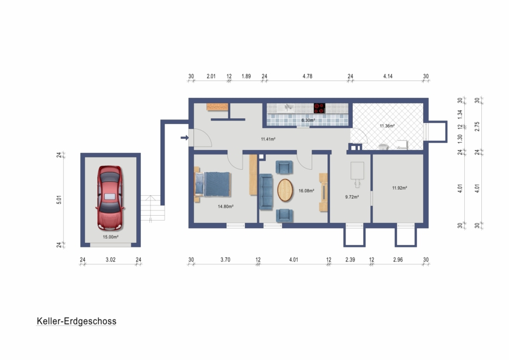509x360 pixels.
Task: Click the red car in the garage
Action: click(110, 198)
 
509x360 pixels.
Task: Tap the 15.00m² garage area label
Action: click(110, 237)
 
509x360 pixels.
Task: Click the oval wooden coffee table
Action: click(285, 190)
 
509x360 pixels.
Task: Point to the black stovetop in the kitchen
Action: click(320, 108)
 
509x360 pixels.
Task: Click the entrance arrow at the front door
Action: click(184, 138)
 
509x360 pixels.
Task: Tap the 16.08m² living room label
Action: click(306, 191)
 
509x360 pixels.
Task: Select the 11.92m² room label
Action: click(399, 188)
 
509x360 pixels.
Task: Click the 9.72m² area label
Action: click(352, 197)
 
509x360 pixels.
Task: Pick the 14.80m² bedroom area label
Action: click(226, 206)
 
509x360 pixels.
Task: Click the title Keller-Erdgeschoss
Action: click(76, 321)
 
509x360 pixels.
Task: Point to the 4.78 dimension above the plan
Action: click(308, 76)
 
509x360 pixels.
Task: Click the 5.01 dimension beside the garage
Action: click(59, 199)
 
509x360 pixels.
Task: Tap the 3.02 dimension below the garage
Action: click(111, 260)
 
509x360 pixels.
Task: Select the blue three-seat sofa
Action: click(266, 192)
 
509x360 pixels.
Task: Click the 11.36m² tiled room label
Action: click(387, 126)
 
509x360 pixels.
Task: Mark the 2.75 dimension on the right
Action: click(477, 126)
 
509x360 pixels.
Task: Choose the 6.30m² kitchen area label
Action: click(308, 120)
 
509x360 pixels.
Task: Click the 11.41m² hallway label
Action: click(268, 139)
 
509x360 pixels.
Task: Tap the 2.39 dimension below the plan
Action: click(350, 260)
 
